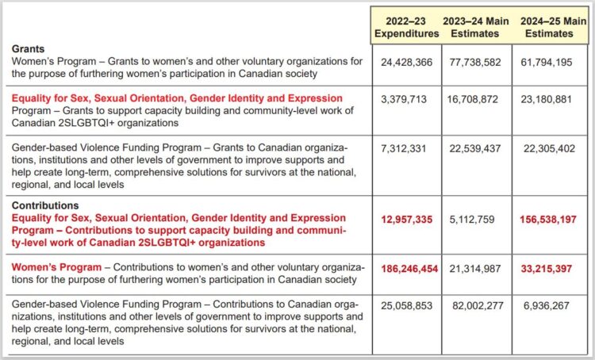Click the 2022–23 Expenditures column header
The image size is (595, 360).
(406, 27)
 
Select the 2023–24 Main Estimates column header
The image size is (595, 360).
(474, 27)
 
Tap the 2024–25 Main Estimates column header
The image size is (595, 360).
(547, 27)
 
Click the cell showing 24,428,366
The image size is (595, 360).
(406, 62)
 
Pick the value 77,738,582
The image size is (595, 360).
(474, 62)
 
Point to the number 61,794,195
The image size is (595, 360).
(547, 62)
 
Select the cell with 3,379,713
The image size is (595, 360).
(406, 101)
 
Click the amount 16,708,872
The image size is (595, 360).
(474, 101)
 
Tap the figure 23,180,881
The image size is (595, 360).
(547, 101)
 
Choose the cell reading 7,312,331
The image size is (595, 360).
(406, 150)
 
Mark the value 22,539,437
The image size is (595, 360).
(474, 150)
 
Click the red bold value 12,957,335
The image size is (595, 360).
(406, 219)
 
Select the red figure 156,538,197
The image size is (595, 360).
(547, 219)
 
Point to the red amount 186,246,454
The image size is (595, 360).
(406, 269)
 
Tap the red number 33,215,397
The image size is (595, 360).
(547, 269)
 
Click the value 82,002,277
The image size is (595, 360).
(474, 306)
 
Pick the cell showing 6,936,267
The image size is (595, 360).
(547, 306)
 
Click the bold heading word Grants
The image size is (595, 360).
(29, 49)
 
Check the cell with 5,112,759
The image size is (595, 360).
(474, 219)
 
